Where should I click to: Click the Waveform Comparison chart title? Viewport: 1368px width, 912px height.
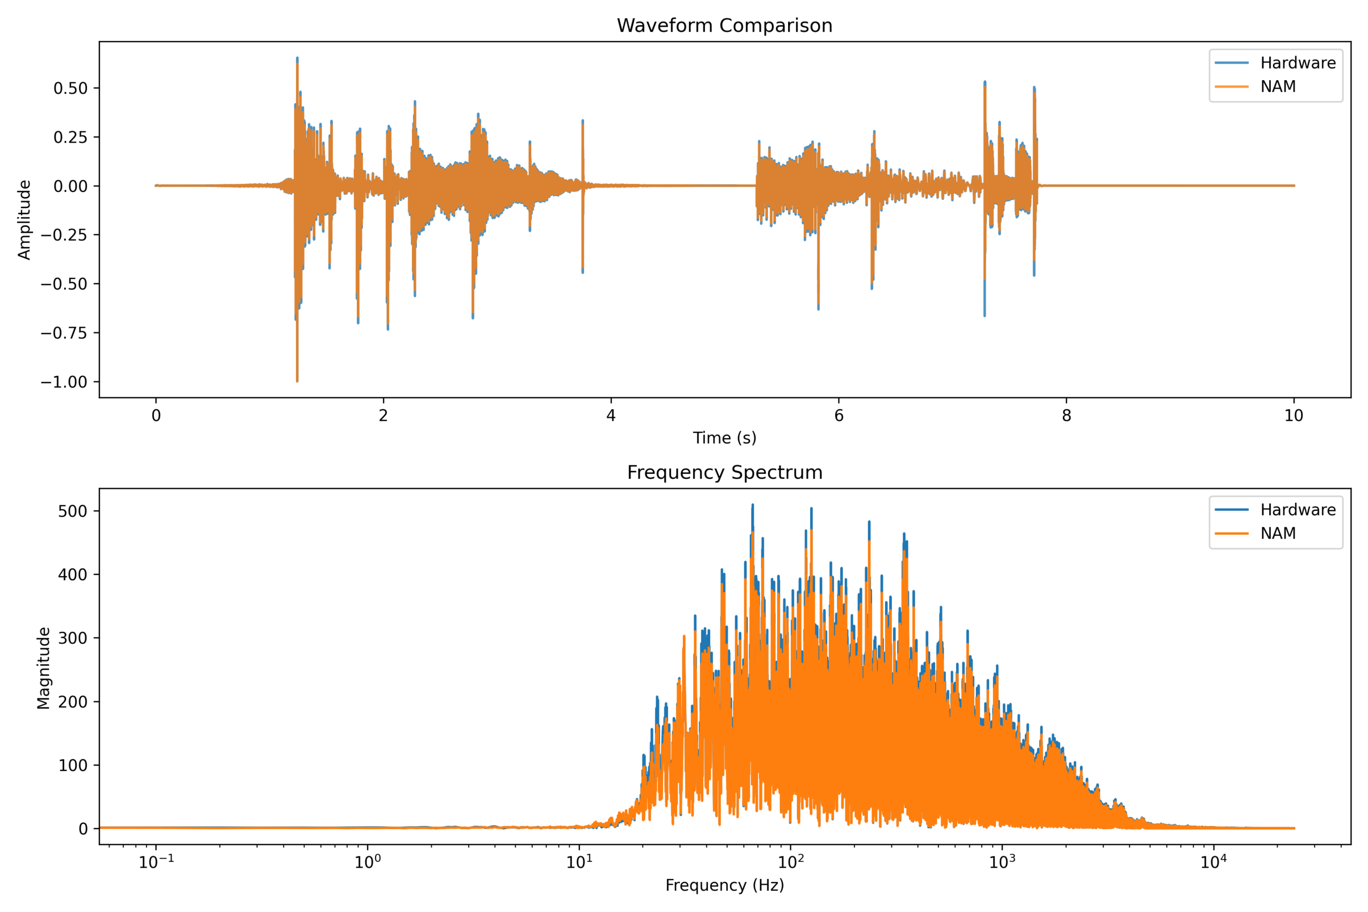[x=724, y=26]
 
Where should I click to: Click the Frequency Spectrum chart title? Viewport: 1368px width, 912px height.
[x=724, y=472]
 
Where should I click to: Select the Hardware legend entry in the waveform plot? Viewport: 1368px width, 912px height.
[x=1297, y=63]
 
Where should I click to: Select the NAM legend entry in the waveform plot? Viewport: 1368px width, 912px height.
[x=1277, y=87]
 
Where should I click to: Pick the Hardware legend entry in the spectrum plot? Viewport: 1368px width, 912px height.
[x=1297, y=510]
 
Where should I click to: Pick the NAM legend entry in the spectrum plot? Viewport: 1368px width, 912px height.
[x=1277, y=533]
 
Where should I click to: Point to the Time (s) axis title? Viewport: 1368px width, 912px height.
[x=724, y=438]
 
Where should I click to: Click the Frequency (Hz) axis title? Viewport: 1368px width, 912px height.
[x=724, y=885]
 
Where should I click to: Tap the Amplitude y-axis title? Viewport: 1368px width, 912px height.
[x=24, y=220]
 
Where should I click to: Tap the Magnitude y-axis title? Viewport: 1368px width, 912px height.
[x=44, y=668]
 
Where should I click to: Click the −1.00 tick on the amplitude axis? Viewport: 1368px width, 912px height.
[x=64, y=382]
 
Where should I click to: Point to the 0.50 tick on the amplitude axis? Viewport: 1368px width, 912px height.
[x=71, y=88]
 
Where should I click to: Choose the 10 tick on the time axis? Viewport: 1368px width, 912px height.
[x=1294, y=415]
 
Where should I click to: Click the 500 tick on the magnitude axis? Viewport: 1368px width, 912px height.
[x=73, y=511]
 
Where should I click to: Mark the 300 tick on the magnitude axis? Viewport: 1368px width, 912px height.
[x=73, y=638]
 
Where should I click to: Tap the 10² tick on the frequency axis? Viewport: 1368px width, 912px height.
[x=790, y=862]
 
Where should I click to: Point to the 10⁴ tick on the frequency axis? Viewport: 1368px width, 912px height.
[x=1212, y=862]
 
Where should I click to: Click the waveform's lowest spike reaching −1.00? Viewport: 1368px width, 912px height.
[x=297, y=380]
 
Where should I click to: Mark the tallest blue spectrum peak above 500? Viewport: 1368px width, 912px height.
[x=752, y=506]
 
